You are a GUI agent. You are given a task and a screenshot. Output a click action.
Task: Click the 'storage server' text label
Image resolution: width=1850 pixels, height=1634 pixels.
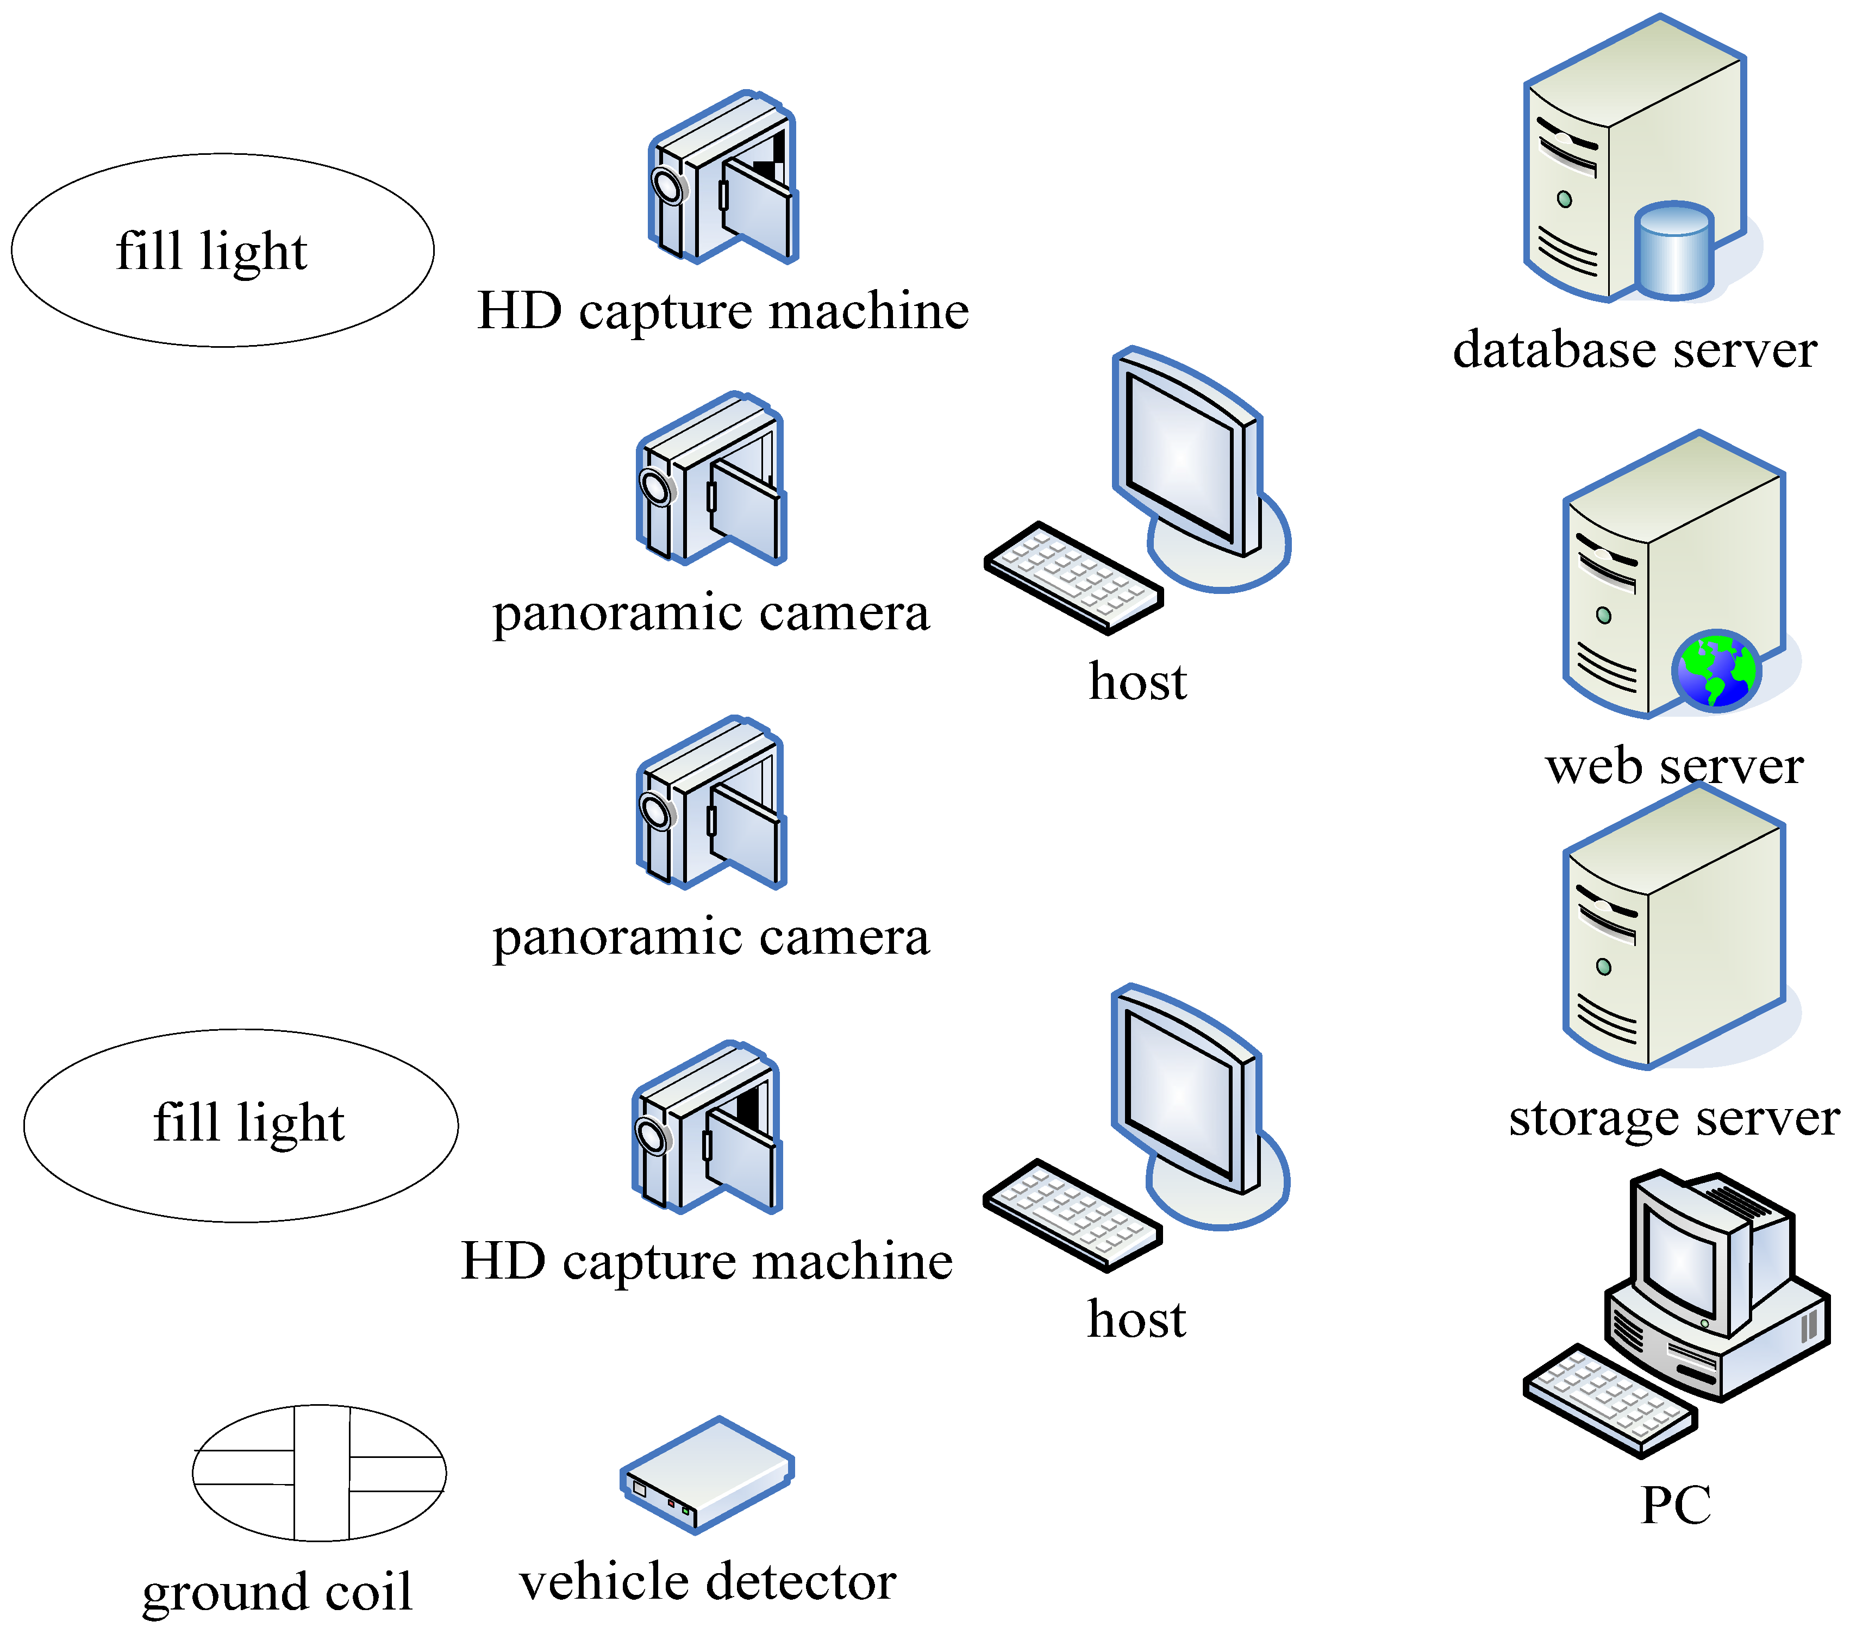1673,1118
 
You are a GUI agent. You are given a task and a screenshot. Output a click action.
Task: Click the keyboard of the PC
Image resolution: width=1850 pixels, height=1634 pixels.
1609,1400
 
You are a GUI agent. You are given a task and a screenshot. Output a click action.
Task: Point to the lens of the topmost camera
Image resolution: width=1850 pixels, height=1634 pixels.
668,185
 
